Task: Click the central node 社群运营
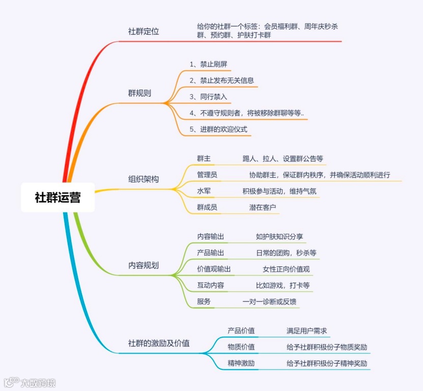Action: click(x=58, y=197)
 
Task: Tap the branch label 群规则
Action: click(x=139, y=94)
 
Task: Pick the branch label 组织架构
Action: click(x=143, y=179)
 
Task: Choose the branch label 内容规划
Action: click(x=143, y=265)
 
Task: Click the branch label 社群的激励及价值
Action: click(x=159, y=343)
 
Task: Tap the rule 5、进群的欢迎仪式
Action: click(x=218, y=129)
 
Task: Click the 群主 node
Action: click(x=204, y=159)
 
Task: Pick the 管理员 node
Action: click(x=207, y=175)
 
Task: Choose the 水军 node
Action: click(x=204, y=191)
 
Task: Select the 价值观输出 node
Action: click(x=214, y=269)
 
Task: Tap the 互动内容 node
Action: click(x=210, y=285)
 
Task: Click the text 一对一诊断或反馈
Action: click(x=269, y=302)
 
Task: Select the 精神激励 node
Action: click(x=241, y=364)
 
